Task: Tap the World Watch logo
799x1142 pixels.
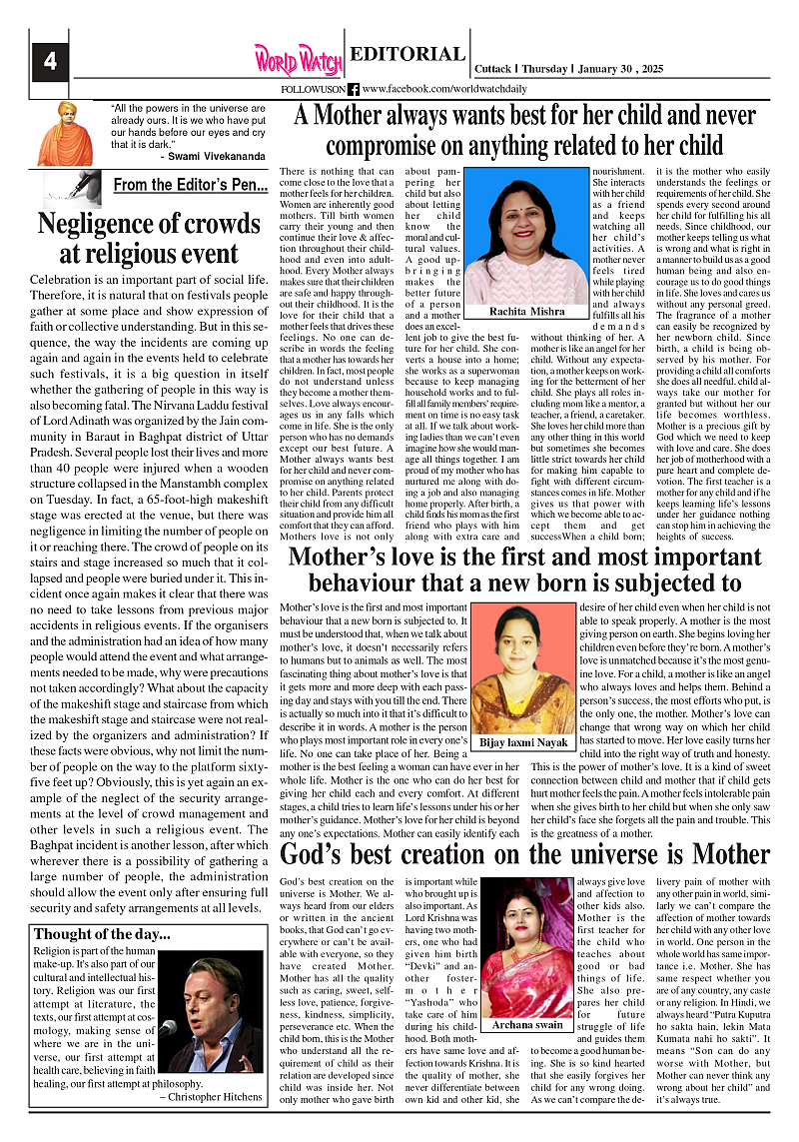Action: [298, 59]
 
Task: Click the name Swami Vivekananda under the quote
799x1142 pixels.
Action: [213, 157]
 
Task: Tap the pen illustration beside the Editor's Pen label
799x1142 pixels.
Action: [74, 185]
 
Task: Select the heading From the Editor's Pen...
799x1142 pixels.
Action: [190, 185]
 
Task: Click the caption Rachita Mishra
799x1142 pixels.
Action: [526, 311]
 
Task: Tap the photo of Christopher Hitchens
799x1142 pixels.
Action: [213, 1015]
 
